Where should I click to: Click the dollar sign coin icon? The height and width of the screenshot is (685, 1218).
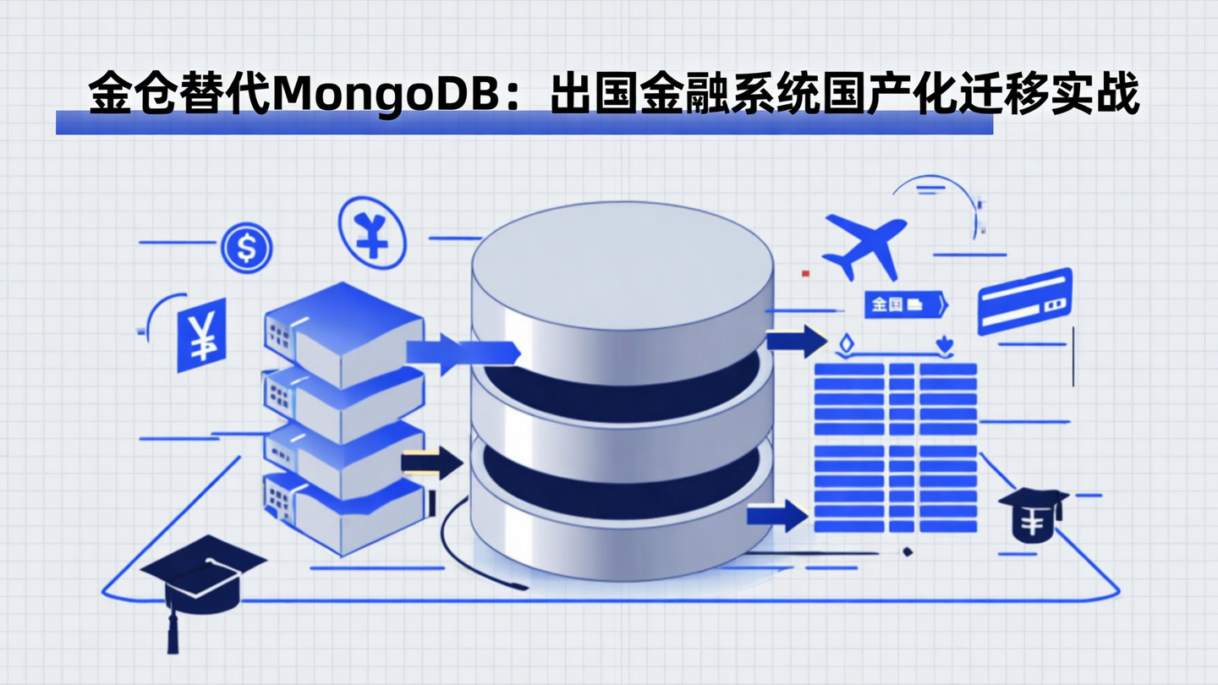pyautogui.click(x=247, y=248)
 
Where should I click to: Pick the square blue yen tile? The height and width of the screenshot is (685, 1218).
pyautogui.click(x=201, y=334)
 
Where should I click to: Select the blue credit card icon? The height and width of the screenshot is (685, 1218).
pyautogui.click(x=1024, y=301)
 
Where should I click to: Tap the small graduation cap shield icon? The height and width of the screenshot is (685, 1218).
pyautogui.click(x=1033, y=515)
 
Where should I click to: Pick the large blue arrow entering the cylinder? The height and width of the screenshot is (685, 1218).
pyautogui.click(x=461, y=353)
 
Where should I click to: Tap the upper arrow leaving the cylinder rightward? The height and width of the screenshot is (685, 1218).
pyautogui.click(x=795, y=341)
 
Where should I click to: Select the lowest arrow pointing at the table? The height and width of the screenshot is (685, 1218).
pyautogui.click(x=776, y=515)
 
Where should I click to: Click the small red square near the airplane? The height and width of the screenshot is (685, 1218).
pyautogui.click(x=806, y=274)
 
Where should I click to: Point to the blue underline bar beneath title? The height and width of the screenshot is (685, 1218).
pyautogui.click(x=524, y=124)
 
